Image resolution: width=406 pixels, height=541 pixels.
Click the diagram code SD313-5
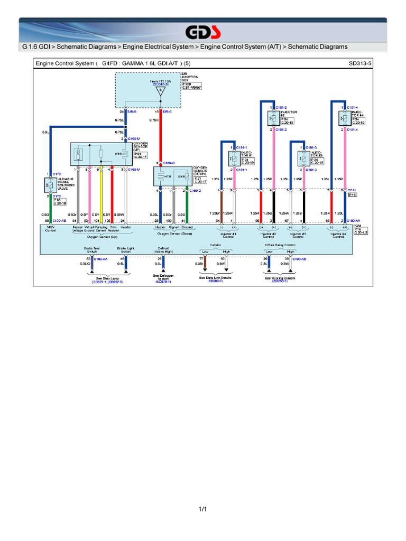pyautogui.click(x=360, y=63)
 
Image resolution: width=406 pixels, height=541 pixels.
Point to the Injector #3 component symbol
pyautogui.click(x=303, y=157)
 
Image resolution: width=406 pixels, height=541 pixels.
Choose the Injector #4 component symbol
pyautogui.click(x=343, y=118)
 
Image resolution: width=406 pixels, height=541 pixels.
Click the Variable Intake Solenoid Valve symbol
pyautogui.click(x=49, y=184)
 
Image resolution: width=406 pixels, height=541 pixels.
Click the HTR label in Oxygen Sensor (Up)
pyautogui.click(x=118, y=154)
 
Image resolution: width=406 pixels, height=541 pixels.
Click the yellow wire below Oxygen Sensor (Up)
pyautogui.click(x=100, y=195)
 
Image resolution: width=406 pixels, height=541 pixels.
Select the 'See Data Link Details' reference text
pyautogui.click(x=215, y=277)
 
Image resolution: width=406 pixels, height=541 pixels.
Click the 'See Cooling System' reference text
pyautogui.click(x=280, y=278)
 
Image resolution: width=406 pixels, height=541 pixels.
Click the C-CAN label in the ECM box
pyautogui.click(x=215, y=245)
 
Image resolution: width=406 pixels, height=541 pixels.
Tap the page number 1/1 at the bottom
pyautogui.click(x=202, y=509)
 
